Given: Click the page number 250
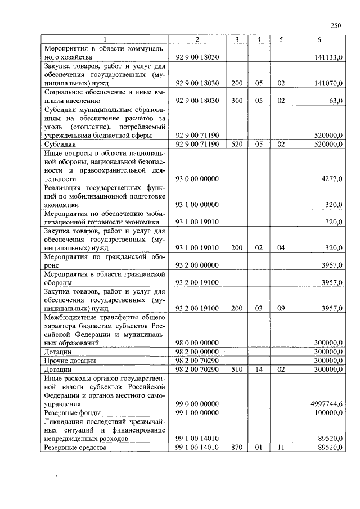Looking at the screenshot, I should pyautogui.click(x=336, y=25).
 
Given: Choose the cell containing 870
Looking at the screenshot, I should pyautogui.click(x=237, y=448).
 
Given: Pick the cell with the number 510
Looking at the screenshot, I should pyautogui.click(x=237, y=370).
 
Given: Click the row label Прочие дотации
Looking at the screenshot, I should pyautogui.click(x=70, y=361).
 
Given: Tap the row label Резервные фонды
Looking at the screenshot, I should pyautogui.click(x=73, y=412).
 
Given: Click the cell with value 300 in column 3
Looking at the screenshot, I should pyautogui.click(x=237, y=101).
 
